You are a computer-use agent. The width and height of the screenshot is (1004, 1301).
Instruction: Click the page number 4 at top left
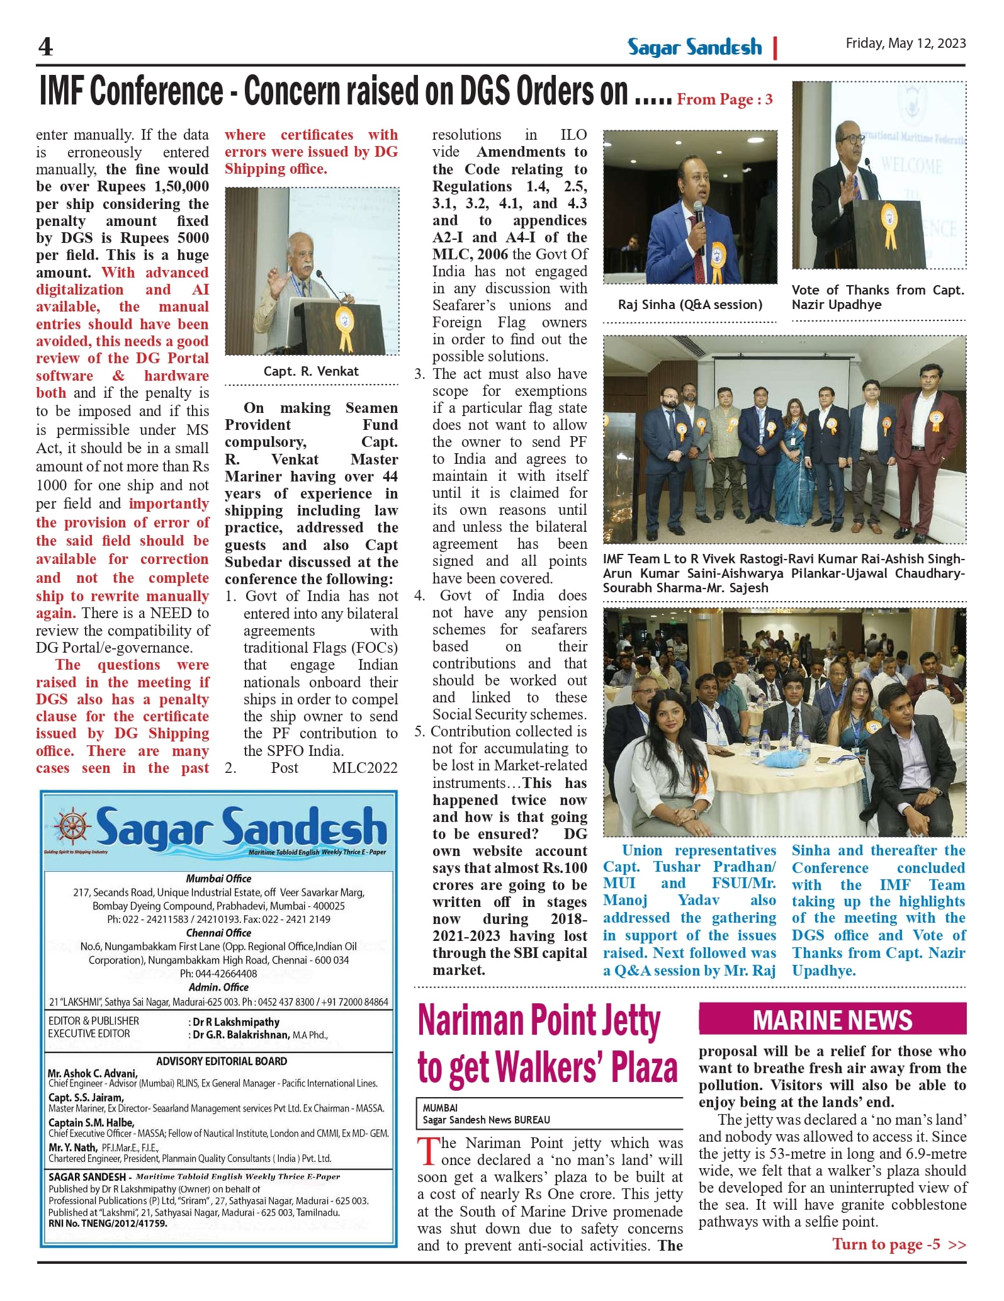tap(45, 47)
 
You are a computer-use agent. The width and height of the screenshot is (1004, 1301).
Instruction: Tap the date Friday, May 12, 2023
tap(905, 43)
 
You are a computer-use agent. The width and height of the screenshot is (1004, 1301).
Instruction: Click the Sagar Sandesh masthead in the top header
tap(694, 47)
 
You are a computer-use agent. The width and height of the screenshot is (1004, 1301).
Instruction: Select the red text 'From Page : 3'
tap(725, 99)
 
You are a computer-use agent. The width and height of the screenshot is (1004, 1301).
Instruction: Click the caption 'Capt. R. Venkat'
tap(311, 371)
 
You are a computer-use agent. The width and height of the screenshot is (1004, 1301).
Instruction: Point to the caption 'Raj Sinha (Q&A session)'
tap(690, 305)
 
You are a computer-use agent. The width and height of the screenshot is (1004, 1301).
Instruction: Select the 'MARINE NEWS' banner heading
tap(832, 1020)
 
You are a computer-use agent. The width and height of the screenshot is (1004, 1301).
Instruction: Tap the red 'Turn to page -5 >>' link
tap(899, 1244)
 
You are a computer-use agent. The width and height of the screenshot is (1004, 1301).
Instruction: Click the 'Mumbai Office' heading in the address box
tap(218, 878)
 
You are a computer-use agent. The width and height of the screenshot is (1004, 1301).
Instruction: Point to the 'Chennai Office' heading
tap(218, 933)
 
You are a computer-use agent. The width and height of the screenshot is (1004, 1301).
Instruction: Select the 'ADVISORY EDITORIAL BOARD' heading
tap(222, 1061)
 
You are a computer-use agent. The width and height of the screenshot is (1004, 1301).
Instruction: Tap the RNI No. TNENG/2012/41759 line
tap(108, 1224)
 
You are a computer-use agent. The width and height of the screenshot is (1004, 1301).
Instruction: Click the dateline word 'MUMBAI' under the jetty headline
tap(440, 1108)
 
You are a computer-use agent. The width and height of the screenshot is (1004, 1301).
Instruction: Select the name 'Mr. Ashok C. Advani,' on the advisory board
tap(93, 1073)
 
